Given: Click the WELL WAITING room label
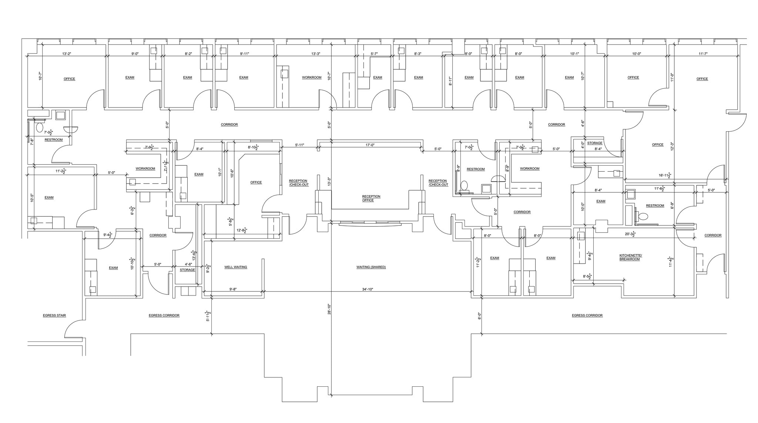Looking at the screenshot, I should [x=235, y=267].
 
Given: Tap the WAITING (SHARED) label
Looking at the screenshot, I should [x=371, y=267].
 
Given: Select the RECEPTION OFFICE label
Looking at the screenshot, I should [x=371, y=198].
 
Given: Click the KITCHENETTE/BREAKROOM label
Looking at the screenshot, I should [x=631, y=257].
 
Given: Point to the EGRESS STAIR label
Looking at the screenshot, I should [x=54, y=315].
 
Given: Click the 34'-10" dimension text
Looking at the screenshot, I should [x=368, y=289].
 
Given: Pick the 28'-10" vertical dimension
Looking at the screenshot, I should [x=329, y=309].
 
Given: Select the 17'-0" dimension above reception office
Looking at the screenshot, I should [x=370, y=145].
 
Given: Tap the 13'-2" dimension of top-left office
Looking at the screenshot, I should [x=67, y=54].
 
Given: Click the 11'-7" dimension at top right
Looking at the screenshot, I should [x=703, y=54].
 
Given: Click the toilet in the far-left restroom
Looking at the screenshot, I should [x=40, y=128].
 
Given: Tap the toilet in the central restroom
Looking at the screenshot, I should [x=465, y=185].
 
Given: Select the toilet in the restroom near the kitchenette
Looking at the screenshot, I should [x=643, y=216].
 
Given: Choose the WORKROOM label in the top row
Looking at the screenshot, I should [x=312, y=77].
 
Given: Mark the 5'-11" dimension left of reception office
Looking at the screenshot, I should [x=299, y=145].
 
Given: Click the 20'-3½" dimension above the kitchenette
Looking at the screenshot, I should [x=630, y=234].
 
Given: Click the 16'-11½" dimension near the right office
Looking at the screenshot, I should [x=665, y=175].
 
